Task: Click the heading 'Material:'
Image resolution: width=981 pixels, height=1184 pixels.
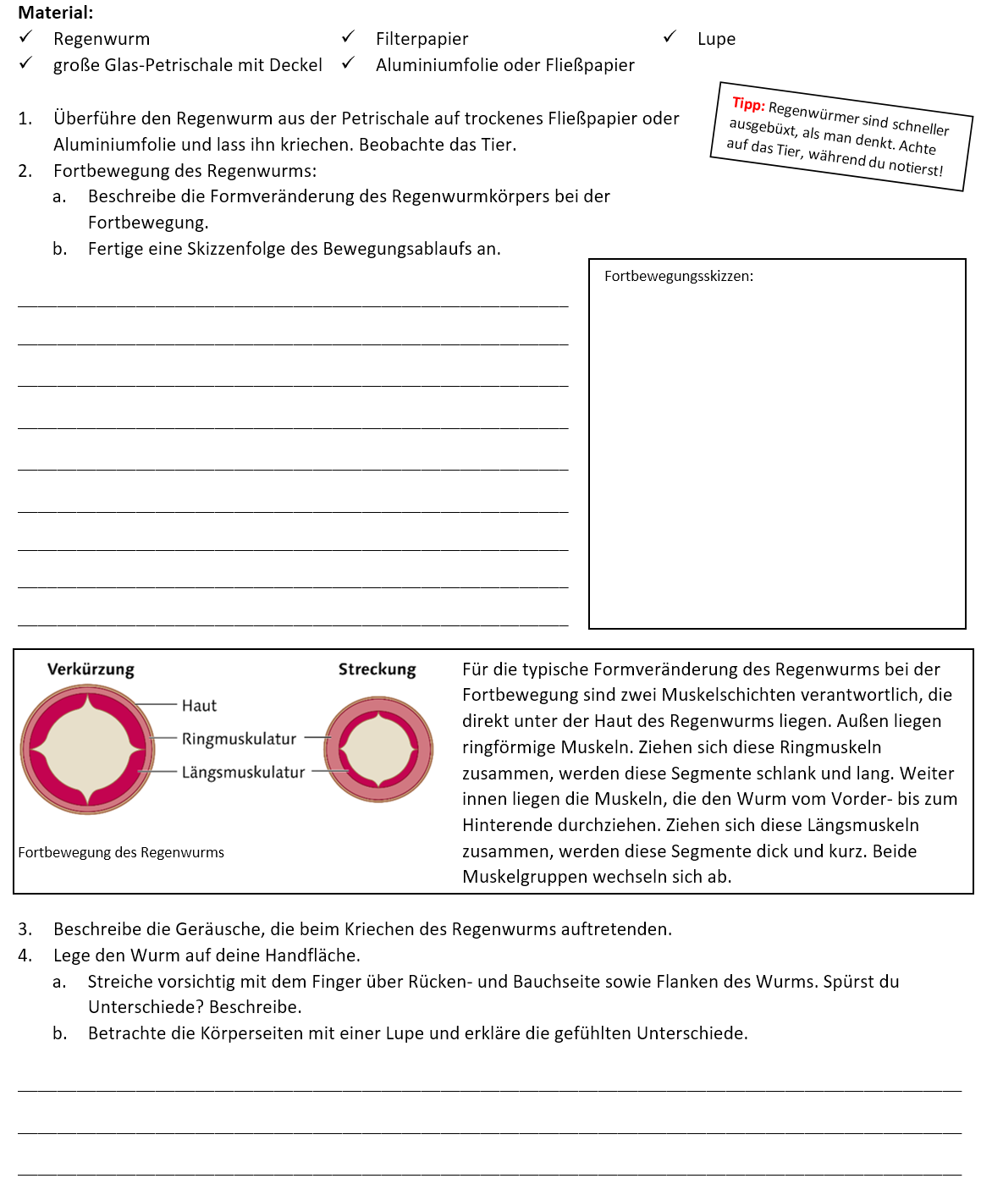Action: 56,13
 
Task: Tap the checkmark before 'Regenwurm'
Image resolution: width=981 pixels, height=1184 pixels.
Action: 26,37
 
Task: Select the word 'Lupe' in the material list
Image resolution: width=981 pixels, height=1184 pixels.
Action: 716,39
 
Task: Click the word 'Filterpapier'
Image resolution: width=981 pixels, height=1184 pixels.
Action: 422,39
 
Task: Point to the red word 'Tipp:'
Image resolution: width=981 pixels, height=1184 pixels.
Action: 748,104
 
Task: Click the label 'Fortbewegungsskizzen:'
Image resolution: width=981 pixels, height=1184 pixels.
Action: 679,276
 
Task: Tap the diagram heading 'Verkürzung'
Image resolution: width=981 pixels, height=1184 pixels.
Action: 91,669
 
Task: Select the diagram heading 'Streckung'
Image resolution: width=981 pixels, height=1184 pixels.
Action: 377,669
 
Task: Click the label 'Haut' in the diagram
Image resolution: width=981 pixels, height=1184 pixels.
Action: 199,706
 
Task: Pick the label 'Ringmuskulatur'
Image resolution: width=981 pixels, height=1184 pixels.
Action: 239,739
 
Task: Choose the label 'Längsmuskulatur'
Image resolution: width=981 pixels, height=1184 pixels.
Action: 243,772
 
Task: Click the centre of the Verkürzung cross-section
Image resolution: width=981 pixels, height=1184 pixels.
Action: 88,749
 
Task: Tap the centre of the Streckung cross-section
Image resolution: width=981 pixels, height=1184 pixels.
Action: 378,750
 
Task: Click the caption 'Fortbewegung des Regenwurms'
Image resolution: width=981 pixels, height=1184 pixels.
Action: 121,852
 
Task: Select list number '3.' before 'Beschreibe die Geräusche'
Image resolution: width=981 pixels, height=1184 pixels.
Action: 25,929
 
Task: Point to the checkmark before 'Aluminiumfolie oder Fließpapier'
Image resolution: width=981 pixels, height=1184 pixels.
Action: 348,64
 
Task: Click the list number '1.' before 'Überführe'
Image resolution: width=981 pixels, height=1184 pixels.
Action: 25,118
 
